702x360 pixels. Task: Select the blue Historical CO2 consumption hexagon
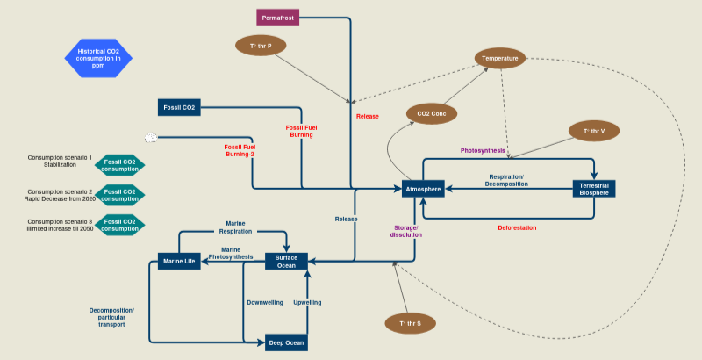98,57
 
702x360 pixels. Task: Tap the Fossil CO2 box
180,107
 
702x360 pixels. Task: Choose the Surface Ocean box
286,261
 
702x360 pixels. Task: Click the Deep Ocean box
286,342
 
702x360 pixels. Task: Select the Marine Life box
179,261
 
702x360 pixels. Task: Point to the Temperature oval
501,59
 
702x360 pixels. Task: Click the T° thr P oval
261,44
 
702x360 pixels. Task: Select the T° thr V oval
595,131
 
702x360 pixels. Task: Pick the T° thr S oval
411,324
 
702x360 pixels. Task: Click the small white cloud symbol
151,138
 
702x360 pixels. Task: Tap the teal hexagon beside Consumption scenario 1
120,165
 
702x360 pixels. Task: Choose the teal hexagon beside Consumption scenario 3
120,224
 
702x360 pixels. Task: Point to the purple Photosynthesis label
483,150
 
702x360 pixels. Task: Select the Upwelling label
307,302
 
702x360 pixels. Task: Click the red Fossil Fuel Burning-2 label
240,150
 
